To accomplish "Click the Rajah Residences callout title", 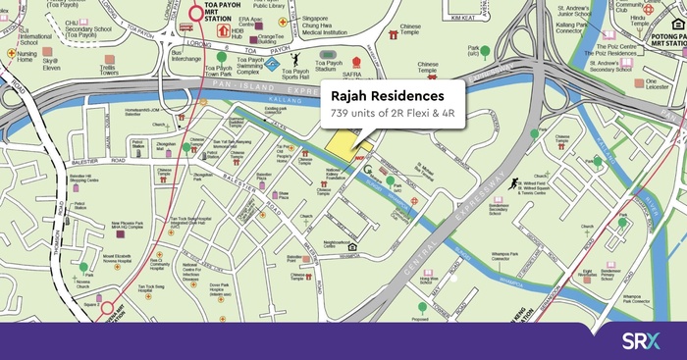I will point(380,95).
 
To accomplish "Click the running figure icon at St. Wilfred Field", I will point(512,183).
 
